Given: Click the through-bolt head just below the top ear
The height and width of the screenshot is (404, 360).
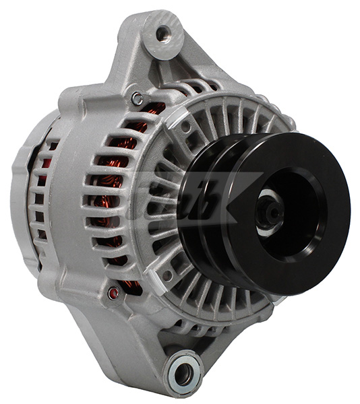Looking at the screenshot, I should point(138,99).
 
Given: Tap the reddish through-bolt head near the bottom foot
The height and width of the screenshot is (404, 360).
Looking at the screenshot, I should point(114,292).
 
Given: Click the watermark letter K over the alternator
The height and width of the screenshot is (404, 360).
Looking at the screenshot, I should point(233,202).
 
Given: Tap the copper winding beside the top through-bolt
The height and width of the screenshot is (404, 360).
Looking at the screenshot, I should point(156,108).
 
